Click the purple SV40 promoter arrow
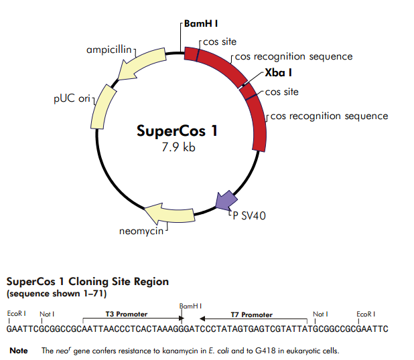[226, 200]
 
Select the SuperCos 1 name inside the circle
[177, 130]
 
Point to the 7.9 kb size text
[178, 147]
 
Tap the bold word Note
[19, 350]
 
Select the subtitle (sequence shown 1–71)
[56, 294]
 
